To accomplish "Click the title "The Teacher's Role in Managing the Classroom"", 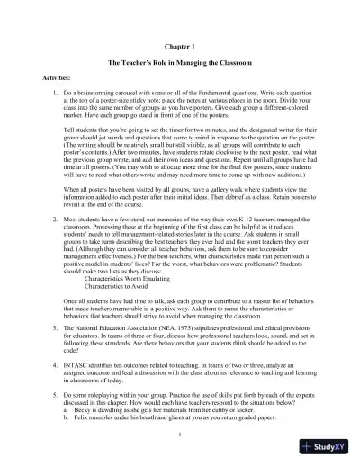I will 180,65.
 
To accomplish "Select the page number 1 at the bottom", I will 180,435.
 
